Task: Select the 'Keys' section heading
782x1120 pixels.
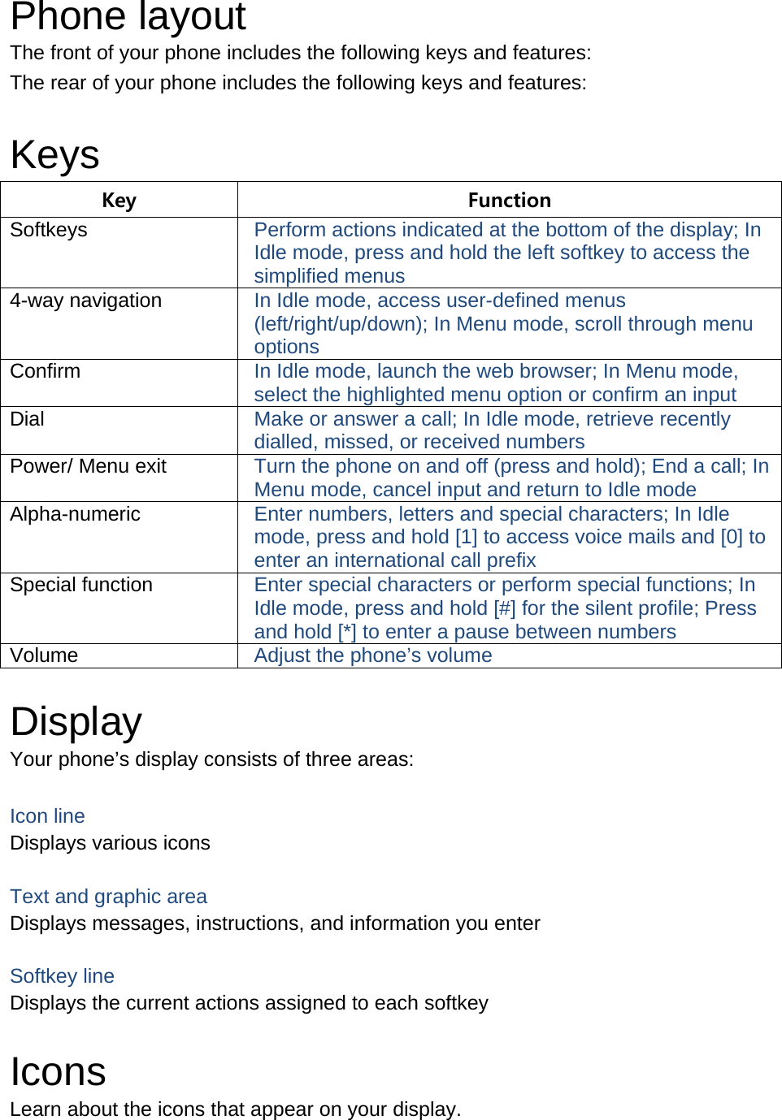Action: [54, 154]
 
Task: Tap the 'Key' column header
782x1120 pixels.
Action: [119, 200]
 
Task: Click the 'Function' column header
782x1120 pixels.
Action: [509, 200]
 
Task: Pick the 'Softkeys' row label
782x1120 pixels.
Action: [49, 230]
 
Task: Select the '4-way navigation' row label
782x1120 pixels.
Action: [85, 301]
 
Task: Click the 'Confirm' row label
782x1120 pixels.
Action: [46, 371]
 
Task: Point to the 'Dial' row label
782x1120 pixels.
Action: [28, 419]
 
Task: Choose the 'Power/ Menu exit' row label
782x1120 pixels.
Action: [88, 466]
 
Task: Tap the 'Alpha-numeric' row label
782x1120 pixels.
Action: [75, 514]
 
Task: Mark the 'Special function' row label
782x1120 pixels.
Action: [81, 585]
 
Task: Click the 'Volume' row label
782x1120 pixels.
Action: [44, 655]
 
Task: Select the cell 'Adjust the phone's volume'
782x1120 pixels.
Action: [373, 655]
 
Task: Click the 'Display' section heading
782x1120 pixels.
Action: [76, 721]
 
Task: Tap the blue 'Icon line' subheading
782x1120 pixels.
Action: [47, 816]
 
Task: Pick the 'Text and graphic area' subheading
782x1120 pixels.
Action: [108, 897]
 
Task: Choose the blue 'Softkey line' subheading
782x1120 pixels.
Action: [62, 976]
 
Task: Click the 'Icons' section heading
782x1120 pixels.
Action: [58, 1071]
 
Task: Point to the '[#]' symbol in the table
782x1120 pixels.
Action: [505, 608]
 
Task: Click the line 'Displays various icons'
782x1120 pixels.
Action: [110, 843]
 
